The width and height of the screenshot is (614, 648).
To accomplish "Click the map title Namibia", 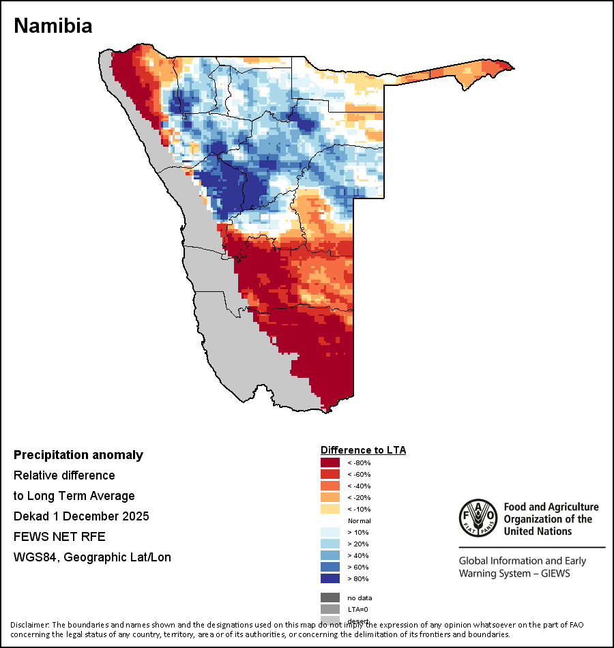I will click(x=53, y=26).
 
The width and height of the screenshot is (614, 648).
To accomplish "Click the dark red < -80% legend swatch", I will click(x=330, y=463).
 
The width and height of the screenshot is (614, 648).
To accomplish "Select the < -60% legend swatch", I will click(x=330, y=474).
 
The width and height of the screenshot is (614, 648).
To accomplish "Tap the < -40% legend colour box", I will click(x=330, y=486).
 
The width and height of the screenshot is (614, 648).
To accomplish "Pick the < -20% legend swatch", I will click(x=330, y=497).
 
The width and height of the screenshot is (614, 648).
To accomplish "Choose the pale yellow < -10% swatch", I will click(x=330, y=509).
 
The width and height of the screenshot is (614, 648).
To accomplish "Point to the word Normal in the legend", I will click(x=359, y=520).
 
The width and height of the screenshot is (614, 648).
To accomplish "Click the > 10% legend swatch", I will click(x=330, y=532).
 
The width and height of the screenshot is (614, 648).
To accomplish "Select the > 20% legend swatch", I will click(x=330, y=544).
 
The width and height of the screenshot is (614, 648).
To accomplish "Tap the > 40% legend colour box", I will click(x=330, y=555).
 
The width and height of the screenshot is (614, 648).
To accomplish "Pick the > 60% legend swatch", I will click(x=330, y=567).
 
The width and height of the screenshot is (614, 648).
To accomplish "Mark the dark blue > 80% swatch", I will click(x=330, y=578).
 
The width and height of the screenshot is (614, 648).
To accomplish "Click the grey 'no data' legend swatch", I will click(x=330, y=598).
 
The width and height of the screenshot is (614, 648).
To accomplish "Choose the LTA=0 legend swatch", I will click(x=330, y=609).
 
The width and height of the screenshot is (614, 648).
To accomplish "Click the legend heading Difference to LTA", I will click(x=363, y=450).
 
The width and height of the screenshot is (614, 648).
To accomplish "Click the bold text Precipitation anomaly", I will click(x=78, y=455).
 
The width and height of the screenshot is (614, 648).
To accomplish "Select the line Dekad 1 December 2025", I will click(x=81, y=516).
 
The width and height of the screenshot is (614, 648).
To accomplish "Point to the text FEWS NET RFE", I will click(x=59, y=537).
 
